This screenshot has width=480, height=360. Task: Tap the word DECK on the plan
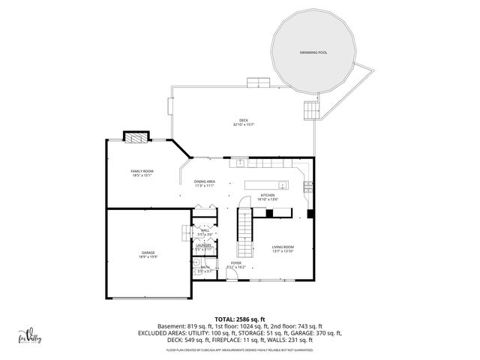pos(243,120)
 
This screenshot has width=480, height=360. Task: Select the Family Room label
pos(142,172)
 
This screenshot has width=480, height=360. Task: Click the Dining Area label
pos(205,181)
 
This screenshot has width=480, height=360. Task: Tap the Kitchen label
pos(268,195)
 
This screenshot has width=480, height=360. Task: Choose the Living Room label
pos(283,247)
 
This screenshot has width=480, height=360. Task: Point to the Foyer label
pos(236,263)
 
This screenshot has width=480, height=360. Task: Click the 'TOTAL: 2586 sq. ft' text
pos(240,319)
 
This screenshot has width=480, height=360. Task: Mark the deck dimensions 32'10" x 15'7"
pos(243,124)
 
